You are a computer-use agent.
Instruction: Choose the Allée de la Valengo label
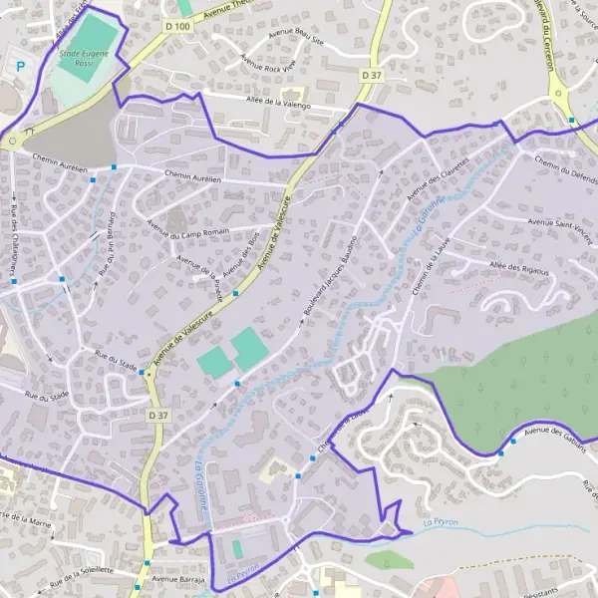278,103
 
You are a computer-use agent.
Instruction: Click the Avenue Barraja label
178,577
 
